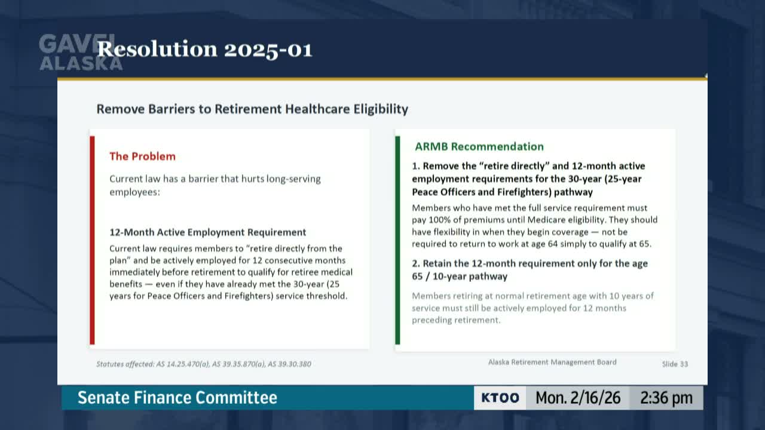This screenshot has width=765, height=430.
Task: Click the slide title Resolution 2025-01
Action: (204, 50)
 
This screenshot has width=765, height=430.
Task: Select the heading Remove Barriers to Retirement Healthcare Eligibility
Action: (252, 109)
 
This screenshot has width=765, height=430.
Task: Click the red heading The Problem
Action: (142, 156)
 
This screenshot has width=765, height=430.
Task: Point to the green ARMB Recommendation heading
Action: (479, 146)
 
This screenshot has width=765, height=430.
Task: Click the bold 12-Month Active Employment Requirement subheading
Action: (207, 232)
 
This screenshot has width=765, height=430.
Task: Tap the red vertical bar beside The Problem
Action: (92, 240)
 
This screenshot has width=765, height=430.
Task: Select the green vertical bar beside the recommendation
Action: (397, 240)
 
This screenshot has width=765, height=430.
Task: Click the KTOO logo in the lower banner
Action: (500, 398)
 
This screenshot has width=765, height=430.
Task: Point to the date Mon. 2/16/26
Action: (577, 398)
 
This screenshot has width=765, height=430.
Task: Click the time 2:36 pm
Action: (666, 398)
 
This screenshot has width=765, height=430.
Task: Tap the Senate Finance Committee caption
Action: (178, 398)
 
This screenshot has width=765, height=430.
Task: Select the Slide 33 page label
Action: (675, 364)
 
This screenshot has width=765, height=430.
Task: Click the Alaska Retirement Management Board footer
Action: (552, 362)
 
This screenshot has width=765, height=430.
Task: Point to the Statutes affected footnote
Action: (203, 364)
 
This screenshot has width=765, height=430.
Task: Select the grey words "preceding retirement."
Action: (455, 320)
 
